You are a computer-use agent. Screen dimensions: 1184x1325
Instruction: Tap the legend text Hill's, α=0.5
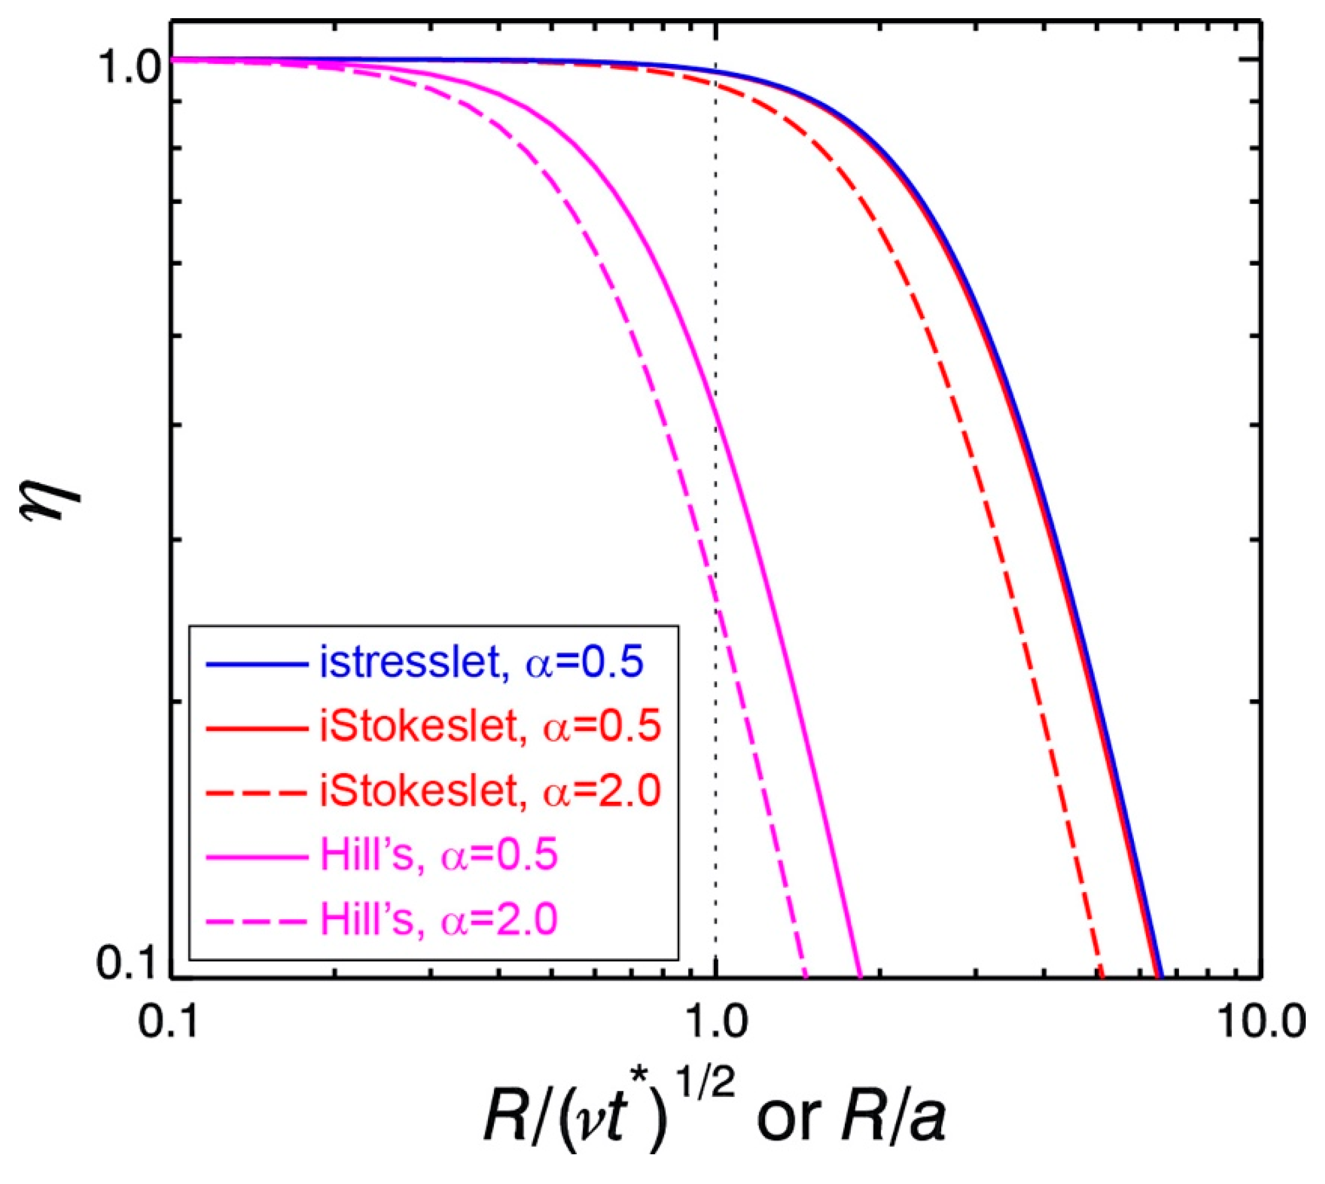click(439, 855)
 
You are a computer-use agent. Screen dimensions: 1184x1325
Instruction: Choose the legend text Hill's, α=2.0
click(439, 919)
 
